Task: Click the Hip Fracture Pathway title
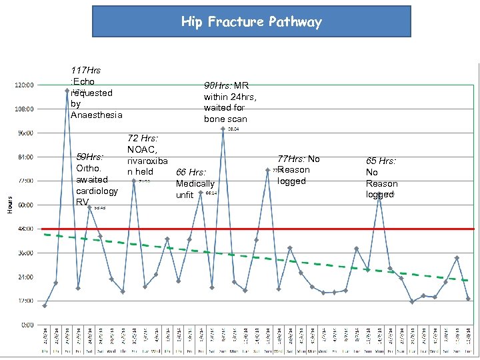pyautogui.click(x=251, y=22)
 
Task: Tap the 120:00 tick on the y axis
pyautogui.click(x=25, y=85)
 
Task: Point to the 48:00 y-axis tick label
pyautogui.click(x=25, y=229)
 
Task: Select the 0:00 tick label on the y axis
pyautogui.click(x=27, y=325)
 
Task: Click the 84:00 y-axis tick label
pyautogui.click(x=25, y=157)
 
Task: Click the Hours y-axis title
pyautogui.click(x=9, y=204)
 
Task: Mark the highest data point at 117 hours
pyautogui.click(x=67, y=90)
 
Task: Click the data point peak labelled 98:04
pyautogui.click(x=223, y=129)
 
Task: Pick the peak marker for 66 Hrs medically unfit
pyautogui.click(x=201, y=193)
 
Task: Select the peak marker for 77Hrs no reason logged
pyautogui.click(x=267, y=170)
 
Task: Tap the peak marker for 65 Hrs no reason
pyautogui.click(x=379, y=194)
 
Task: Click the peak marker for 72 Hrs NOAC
pyautogui.click(x=133, y=181)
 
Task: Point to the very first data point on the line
pyautogui.click(x=45, y=305)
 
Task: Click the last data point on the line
pyautogui.click(x=468, y=298)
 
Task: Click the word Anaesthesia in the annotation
pyautogui.click(x=97, y=115)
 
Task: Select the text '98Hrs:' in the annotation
pyautogui.click(x=218, y=85)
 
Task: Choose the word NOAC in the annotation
pyautogui.click(x=141, y=150)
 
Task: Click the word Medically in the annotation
pyautogui.click(x=195, y=183)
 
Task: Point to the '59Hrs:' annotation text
pyautogui.click(x=90, y=157)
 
